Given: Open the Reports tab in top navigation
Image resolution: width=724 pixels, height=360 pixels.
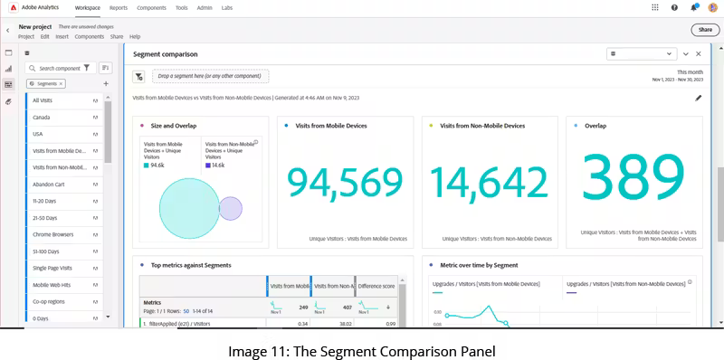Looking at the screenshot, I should click(119, 7).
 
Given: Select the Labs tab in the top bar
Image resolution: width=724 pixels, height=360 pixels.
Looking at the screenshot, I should click(227, 7).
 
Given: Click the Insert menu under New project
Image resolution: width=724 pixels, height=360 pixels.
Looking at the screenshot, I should click(62, 37).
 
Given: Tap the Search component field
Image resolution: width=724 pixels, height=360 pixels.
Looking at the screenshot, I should click(60, 68).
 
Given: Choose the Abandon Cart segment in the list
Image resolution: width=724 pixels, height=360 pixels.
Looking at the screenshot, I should click(49, 184).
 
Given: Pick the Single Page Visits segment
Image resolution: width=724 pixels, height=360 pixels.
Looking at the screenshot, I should click(53, 268).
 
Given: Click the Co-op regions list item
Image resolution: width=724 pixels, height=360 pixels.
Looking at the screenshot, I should click(49, 301).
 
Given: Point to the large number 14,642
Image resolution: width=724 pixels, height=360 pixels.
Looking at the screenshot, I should click(489, 183).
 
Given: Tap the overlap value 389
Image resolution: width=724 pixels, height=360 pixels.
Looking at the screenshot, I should click(633, 177).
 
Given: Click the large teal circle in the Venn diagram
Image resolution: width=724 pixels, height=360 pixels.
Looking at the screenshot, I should click(186, 210).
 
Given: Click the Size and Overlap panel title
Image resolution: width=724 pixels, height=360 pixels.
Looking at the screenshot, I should click(173, 126).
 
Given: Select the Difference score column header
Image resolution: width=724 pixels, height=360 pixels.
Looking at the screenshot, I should click(376, 286).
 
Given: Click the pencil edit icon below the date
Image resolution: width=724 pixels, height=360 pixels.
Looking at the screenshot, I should click(699, 98).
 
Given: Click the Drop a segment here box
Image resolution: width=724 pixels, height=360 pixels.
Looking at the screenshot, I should click(210, 76).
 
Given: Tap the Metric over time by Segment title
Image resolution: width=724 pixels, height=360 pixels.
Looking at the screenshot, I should click(479, 265).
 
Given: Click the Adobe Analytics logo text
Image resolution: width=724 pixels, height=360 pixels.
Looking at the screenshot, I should click(42, 7).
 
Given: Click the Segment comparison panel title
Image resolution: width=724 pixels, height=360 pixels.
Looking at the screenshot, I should click(166, 54).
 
